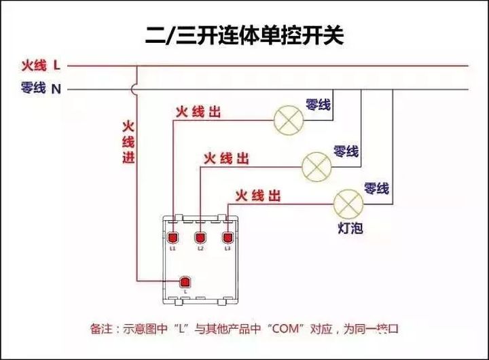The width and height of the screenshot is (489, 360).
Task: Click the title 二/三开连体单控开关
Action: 244,35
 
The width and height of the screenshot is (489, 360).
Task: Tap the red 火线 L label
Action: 40,66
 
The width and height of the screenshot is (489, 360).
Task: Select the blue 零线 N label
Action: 41,88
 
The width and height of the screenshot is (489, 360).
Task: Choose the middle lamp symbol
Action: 316,166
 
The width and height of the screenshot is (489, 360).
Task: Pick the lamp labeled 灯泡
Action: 349,204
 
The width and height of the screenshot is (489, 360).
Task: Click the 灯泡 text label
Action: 350,228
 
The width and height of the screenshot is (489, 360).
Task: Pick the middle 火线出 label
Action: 226,159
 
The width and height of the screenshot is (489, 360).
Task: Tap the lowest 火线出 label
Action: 257,196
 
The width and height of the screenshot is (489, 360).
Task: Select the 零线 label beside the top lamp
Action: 318,105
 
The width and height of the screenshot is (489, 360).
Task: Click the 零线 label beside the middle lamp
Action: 346,151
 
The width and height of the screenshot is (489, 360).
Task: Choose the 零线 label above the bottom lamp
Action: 376,188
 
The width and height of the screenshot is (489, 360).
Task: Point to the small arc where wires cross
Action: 137,89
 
